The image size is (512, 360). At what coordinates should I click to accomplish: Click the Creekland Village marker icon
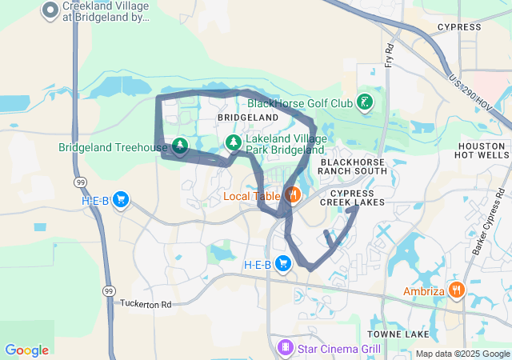(50, 10)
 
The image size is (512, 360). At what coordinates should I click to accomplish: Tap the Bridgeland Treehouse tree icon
(180, 146)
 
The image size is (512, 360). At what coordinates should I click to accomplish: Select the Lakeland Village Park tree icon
(233, 142)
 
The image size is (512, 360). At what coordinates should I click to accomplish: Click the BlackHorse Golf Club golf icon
(365, 102)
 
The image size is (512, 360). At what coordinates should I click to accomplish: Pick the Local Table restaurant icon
(293, 194)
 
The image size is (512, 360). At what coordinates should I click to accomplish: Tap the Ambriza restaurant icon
(456, 290)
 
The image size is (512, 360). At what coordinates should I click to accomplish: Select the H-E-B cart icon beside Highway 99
(121, 199)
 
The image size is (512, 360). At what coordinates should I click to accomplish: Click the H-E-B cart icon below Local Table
(282, 263)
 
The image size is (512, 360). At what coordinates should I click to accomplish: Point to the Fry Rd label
(390, 55)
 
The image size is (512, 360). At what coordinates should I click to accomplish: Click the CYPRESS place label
(459, 27)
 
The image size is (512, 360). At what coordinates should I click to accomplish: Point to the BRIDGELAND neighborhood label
(247, 117)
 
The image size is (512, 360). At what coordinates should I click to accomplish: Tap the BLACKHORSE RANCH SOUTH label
(353, 166)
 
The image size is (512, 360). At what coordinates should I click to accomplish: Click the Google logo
(26, 350)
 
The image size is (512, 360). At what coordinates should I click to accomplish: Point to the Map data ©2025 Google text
(462, 354)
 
